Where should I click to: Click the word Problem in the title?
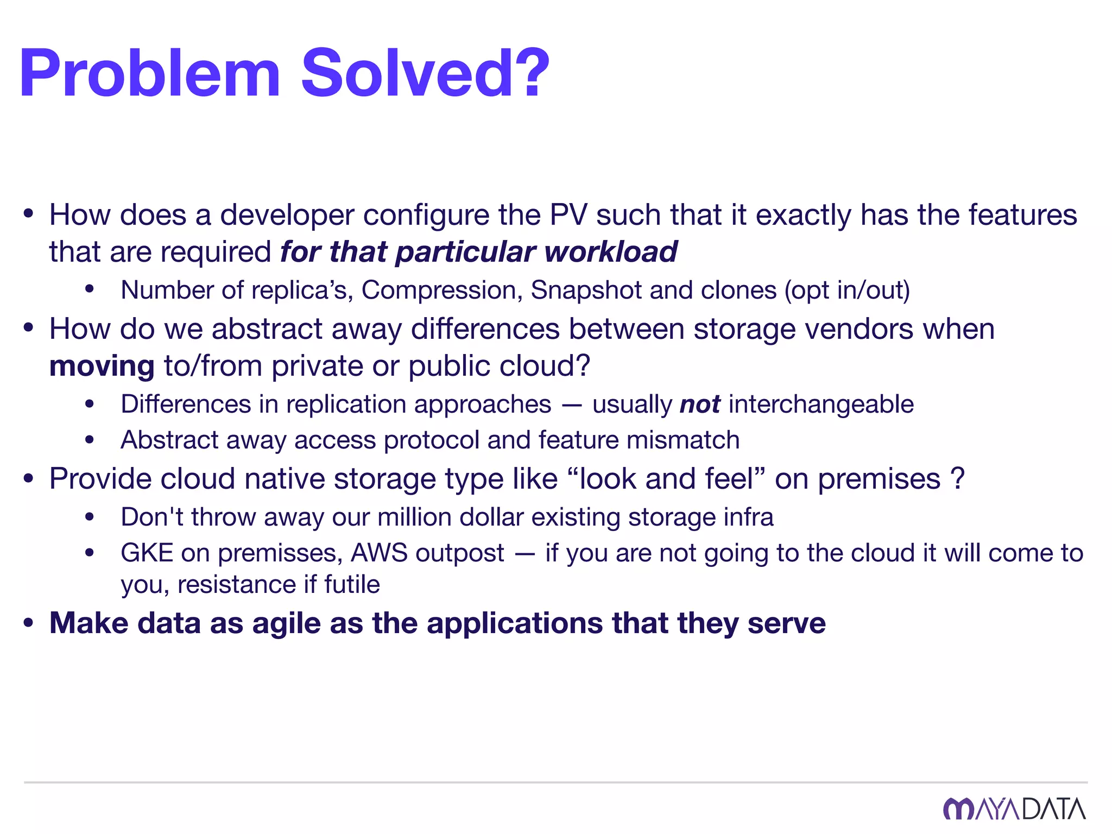pyautogui.click(x=150, y=73)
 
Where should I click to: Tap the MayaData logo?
pyautogui.click(x=1014, y=809)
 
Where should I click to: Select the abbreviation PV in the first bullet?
pyautogui.click(x=568, y=215)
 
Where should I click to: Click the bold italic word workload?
pyautogui.click(x=611, y=252)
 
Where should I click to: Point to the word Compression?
pyautogui.click(x=439, y=290)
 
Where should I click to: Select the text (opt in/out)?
pyautogui.click(x=847, y=290)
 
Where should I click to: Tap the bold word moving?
pyautogui.click(x=102, y=366)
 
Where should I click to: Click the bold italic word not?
pyautogui.click(x=700, y=405)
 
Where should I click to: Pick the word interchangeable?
pyautogui.click(x=821, y=405)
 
